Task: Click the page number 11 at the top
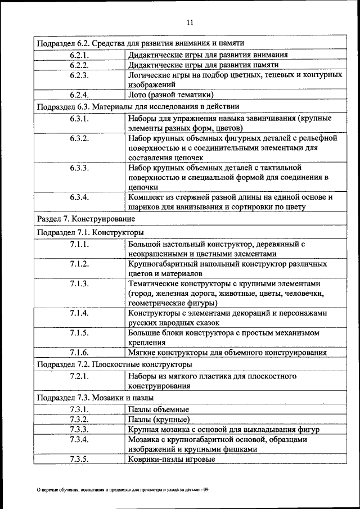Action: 190,22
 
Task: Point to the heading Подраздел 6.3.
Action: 138,106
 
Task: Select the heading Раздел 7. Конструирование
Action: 85,218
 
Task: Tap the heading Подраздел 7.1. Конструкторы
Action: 90,232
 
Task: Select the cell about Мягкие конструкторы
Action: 227,353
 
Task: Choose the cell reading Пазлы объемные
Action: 159,409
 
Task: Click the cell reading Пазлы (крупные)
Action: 159,420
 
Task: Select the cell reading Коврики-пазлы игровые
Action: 171,459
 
